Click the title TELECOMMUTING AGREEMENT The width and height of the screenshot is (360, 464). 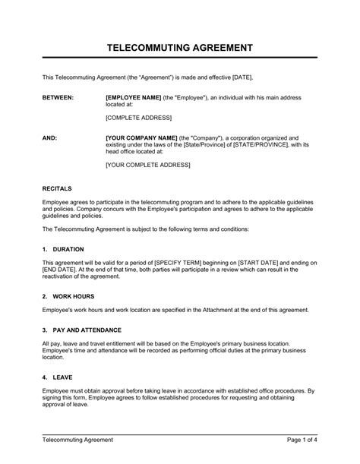pyautogui.click(x=179, y=49)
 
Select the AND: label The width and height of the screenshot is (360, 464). pyautogui.click(x=49, y=138)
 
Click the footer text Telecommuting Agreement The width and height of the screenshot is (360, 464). pyautogui.click(x=77, y=440)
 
